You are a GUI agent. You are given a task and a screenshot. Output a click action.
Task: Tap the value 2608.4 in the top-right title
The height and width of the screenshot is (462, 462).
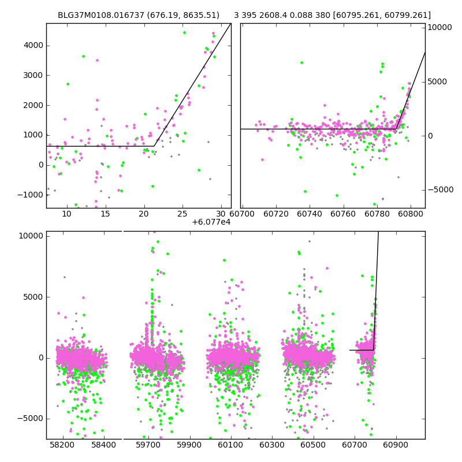click(x=273, y=16)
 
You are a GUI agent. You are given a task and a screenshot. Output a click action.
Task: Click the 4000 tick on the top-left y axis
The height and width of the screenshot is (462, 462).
click(x=32, y=46)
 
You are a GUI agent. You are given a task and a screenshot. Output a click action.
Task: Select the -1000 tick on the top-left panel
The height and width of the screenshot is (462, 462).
click(x=31, y=195)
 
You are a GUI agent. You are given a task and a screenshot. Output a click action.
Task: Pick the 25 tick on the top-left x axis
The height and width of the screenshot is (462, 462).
click(x=182, y=214)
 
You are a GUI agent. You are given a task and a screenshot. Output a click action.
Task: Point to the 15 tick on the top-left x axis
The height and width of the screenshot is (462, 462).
click(x=105, y=214)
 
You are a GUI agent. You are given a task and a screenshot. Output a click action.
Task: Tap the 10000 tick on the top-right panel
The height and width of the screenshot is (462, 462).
click(x=439, y=28)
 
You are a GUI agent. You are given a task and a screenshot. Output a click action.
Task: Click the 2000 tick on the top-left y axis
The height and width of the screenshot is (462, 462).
click(x=32, y=105)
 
